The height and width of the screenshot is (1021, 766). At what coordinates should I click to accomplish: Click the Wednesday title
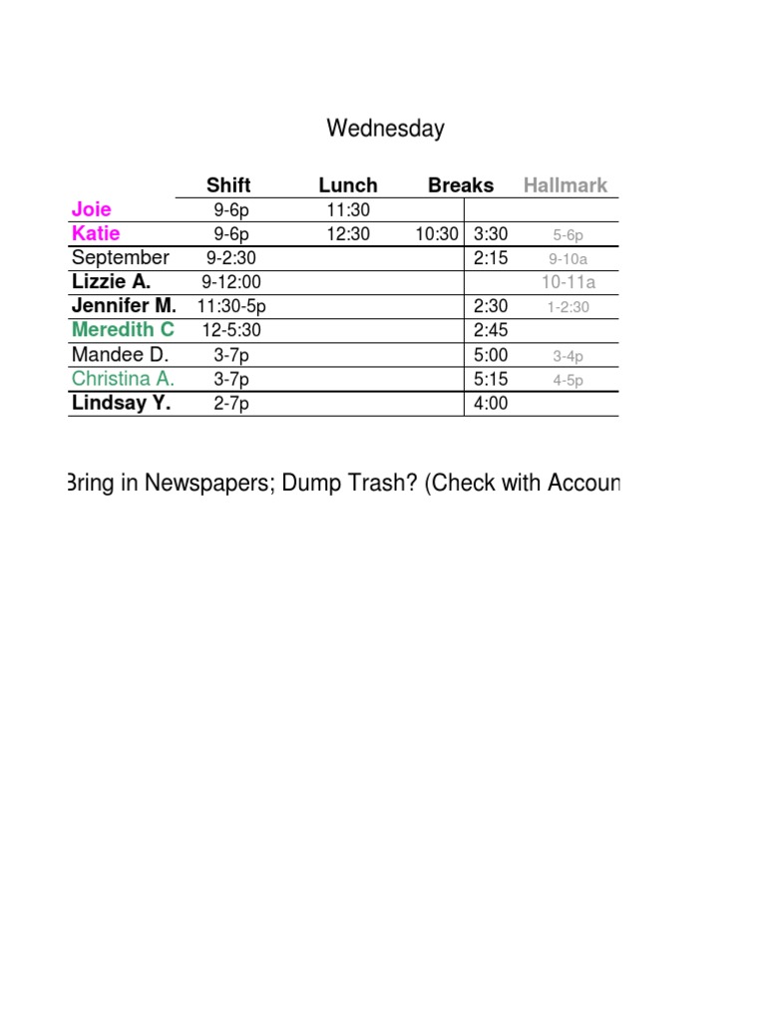coord(385,129)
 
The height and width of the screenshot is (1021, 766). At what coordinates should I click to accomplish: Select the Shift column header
coord(228,185)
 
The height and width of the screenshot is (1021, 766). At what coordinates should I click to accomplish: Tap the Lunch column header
coord(348,185)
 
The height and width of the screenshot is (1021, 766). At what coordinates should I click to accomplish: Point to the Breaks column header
coord(461,185)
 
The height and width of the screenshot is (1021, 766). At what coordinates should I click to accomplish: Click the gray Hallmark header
coord(566,185)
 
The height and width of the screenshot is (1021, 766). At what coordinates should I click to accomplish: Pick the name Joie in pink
coord(92,209)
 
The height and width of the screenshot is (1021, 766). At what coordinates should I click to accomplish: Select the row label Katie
coord(96,233)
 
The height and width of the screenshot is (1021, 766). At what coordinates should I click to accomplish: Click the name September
coord(121,258)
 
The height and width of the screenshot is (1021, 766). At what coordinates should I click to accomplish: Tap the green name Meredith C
coord(123,330)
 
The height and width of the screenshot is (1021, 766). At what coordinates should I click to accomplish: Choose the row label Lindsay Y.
coord(121,403)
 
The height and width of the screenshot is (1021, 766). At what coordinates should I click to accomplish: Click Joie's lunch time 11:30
coord(348,210)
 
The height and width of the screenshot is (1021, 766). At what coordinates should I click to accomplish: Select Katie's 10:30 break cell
coord(438,234)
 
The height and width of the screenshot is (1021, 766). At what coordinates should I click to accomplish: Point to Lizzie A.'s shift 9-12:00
coord(231,282)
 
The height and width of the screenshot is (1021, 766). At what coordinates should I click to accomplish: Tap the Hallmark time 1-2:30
coord(569,307)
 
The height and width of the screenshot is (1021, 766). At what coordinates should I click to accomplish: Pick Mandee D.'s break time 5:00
coord(491,355)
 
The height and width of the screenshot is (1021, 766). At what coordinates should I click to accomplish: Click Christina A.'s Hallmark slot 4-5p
coord(569,380)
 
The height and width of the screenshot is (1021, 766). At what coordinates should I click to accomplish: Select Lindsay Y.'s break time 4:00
coord(491,404)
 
